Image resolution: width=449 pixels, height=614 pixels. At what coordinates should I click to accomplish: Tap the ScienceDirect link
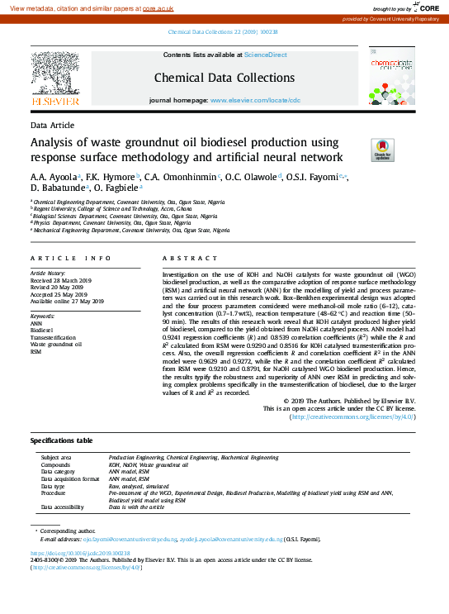tap(265, 55)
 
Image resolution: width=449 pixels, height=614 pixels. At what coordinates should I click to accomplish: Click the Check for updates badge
tap(382, 149)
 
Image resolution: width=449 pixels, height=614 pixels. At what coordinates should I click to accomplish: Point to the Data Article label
tap(52, 125)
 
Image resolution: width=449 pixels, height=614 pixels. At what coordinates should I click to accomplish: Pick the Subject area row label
tap(56, 457)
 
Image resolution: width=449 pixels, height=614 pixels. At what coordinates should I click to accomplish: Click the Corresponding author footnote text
tap(70, 530)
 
